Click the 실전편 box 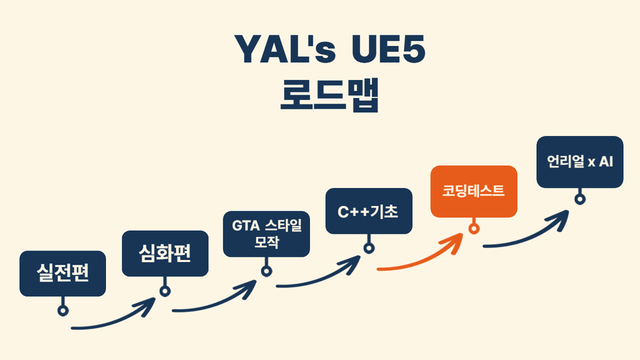(x=63, y=273)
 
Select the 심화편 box (x=165, y=253)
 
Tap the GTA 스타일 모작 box (x=266, y=234)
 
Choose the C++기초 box (x=368, y=212)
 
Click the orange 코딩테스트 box (x=473, y=191)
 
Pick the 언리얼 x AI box (x=580, y=162)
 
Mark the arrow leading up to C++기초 (x=320, y=279)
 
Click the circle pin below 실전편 (x=63, y=310)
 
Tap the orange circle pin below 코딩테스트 (x=474, y=229)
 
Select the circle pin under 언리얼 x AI (x=580, y=199)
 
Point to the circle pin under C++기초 (x=368, y=249)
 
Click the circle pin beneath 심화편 (x=165, y=290)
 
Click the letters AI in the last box (x=605, y=162)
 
